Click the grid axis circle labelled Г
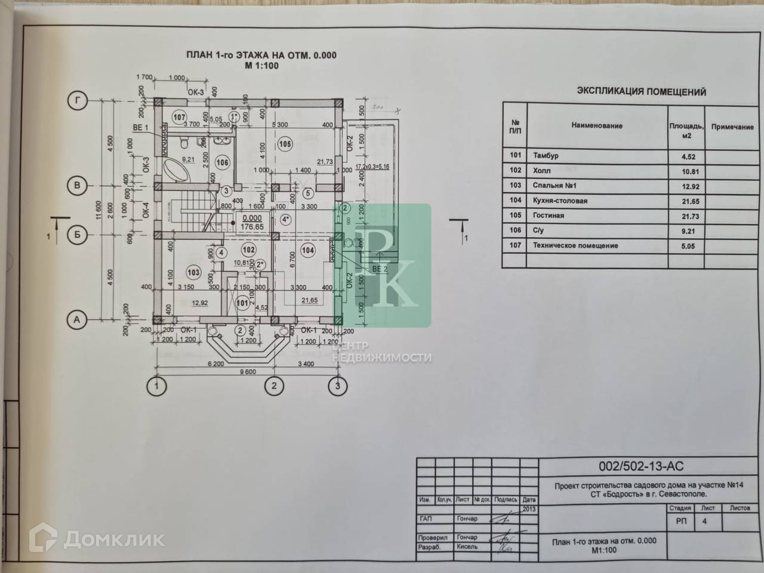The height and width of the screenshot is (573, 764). [x=77, y=101]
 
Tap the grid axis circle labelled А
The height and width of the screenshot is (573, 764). [x=76, y=321]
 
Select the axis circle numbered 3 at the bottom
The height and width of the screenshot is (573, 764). [x=338, y=386]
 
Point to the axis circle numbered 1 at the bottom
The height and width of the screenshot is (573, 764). [x=157, y=386]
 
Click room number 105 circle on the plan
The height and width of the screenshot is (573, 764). [x=285, y=143]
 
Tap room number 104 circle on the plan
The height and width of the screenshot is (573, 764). [x=307, y=251]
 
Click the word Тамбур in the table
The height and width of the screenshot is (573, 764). [x=546, y=156]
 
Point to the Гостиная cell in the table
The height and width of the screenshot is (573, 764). [x=549, y=215]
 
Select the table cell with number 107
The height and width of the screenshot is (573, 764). [x=515, y=245]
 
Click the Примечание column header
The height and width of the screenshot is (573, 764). [x=732, y=127]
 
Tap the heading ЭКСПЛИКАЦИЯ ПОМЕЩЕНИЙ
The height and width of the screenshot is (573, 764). [x=641, y=92]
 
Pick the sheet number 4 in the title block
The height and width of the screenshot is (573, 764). [x=704, y=521]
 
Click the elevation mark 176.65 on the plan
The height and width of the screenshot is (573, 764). [x=252, y=227]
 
